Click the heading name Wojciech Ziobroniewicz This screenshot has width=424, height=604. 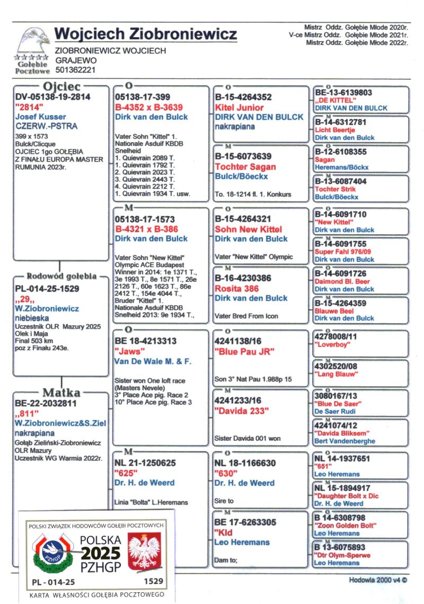click(145, 34)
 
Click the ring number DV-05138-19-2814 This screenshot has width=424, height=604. click(53, 97)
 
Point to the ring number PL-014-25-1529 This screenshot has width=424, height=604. click(48, 289)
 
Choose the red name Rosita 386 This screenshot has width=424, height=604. click(237, 289)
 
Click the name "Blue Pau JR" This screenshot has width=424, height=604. click(244, 352)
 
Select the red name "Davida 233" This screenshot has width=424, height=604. click(242, 411)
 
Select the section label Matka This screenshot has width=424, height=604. click(61, 393)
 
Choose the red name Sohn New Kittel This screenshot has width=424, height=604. click(248, 229)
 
